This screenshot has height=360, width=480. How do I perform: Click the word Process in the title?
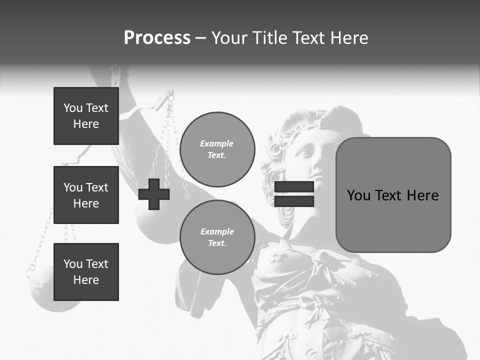point(157,38)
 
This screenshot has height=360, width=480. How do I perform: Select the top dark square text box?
point(86,116)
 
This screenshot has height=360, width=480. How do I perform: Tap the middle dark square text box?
point(86,195)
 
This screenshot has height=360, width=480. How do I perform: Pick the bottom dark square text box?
point(86,271)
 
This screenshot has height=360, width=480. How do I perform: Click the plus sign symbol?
point(154,194)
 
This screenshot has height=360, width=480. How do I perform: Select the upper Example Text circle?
point(217,149)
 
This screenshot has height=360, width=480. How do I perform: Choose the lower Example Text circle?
point(217,237)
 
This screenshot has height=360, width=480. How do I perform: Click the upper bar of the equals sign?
point(294,187)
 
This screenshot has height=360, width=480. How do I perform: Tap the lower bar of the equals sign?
point(294,201)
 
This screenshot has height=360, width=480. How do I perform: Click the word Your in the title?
point(229,38)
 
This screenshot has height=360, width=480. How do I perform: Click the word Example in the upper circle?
point(217,143)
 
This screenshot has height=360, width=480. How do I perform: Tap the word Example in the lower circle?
point(217,231)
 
